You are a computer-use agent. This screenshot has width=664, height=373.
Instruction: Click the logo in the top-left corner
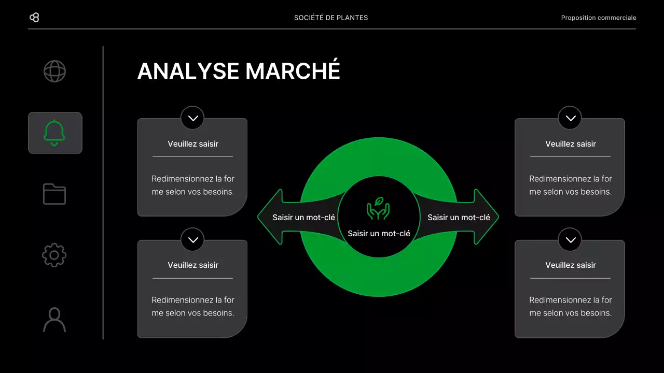(34, 18)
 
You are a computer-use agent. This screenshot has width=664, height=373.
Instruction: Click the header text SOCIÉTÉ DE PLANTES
(331, 18)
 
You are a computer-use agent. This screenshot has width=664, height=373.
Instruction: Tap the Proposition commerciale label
(598, 18)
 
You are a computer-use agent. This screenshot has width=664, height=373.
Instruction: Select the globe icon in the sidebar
(54, 71)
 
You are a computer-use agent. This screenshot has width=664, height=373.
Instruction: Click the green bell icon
(54, 133)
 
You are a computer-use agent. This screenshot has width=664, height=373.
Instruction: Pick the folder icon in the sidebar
(54, 194)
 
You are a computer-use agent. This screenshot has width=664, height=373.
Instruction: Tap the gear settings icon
(54, 255)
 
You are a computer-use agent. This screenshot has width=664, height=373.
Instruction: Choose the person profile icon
(54, 320)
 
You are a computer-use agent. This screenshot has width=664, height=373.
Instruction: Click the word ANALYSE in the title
(188, 71)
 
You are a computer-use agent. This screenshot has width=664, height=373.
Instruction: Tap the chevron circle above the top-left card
(193, 118)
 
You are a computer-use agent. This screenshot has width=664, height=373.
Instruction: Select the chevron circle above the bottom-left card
(193, 239)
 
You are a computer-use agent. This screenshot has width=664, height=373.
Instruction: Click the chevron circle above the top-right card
(571, 118)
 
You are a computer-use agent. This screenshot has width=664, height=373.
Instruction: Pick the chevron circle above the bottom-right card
(571, 239)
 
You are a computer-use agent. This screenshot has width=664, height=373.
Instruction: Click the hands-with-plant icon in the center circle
(378, 208)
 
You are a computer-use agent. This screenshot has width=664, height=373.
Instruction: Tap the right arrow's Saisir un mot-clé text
(459, 218)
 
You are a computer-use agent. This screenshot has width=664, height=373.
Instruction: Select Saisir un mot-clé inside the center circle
(379, 234)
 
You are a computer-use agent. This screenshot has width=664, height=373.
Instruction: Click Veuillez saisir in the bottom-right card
(571, 265)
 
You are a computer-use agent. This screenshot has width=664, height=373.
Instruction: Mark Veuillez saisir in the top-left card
(193, 144)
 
